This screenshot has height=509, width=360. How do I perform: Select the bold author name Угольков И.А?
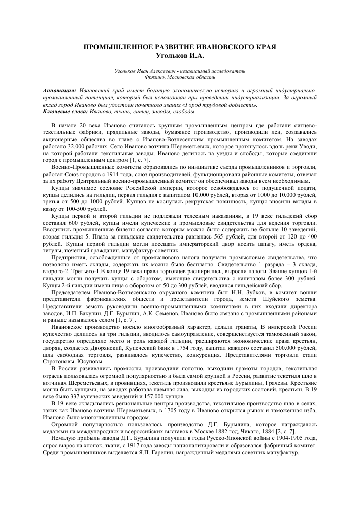point(180,55)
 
